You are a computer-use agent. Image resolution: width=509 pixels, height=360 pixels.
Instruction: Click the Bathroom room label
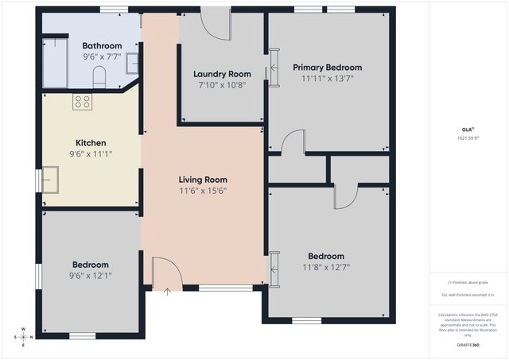click(102, 46)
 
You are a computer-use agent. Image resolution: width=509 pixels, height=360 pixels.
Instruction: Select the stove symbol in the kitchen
click(83, 102)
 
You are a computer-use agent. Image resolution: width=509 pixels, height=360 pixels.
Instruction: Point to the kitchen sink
click(51, 179)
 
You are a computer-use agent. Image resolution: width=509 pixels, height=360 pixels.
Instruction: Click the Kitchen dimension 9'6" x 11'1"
click(91, 154)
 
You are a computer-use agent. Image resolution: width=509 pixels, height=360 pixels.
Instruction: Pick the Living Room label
click(203, 180)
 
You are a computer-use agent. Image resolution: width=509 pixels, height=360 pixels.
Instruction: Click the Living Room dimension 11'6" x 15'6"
click(203, 191)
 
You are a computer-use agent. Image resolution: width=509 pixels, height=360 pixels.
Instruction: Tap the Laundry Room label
click(222, 74)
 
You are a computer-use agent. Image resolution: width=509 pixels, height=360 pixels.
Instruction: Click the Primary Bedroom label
click(327, 68)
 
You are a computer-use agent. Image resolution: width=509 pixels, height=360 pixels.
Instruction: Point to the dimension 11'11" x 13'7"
click(327, 79)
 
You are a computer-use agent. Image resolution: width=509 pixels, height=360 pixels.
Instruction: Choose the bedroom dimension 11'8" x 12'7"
click(326, 267)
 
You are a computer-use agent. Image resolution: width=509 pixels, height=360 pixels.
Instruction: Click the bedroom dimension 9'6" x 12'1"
click(91, 276)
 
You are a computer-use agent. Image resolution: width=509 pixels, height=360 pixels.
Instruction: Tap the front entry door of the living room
click(167, 273)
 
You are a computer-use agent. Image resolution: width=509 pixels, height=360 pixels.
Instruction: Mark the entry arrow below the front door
click(167, 292)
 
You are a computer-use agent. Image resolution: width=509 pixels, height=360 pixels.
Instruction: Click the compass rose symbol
click(23, 337)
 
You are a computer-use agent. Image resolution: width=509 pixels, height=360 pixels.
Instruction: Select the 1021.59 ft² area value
click(465, 138)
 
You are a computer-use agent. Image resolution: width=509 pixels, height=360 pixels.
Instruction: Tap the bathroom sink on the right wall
click(133, 62)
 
